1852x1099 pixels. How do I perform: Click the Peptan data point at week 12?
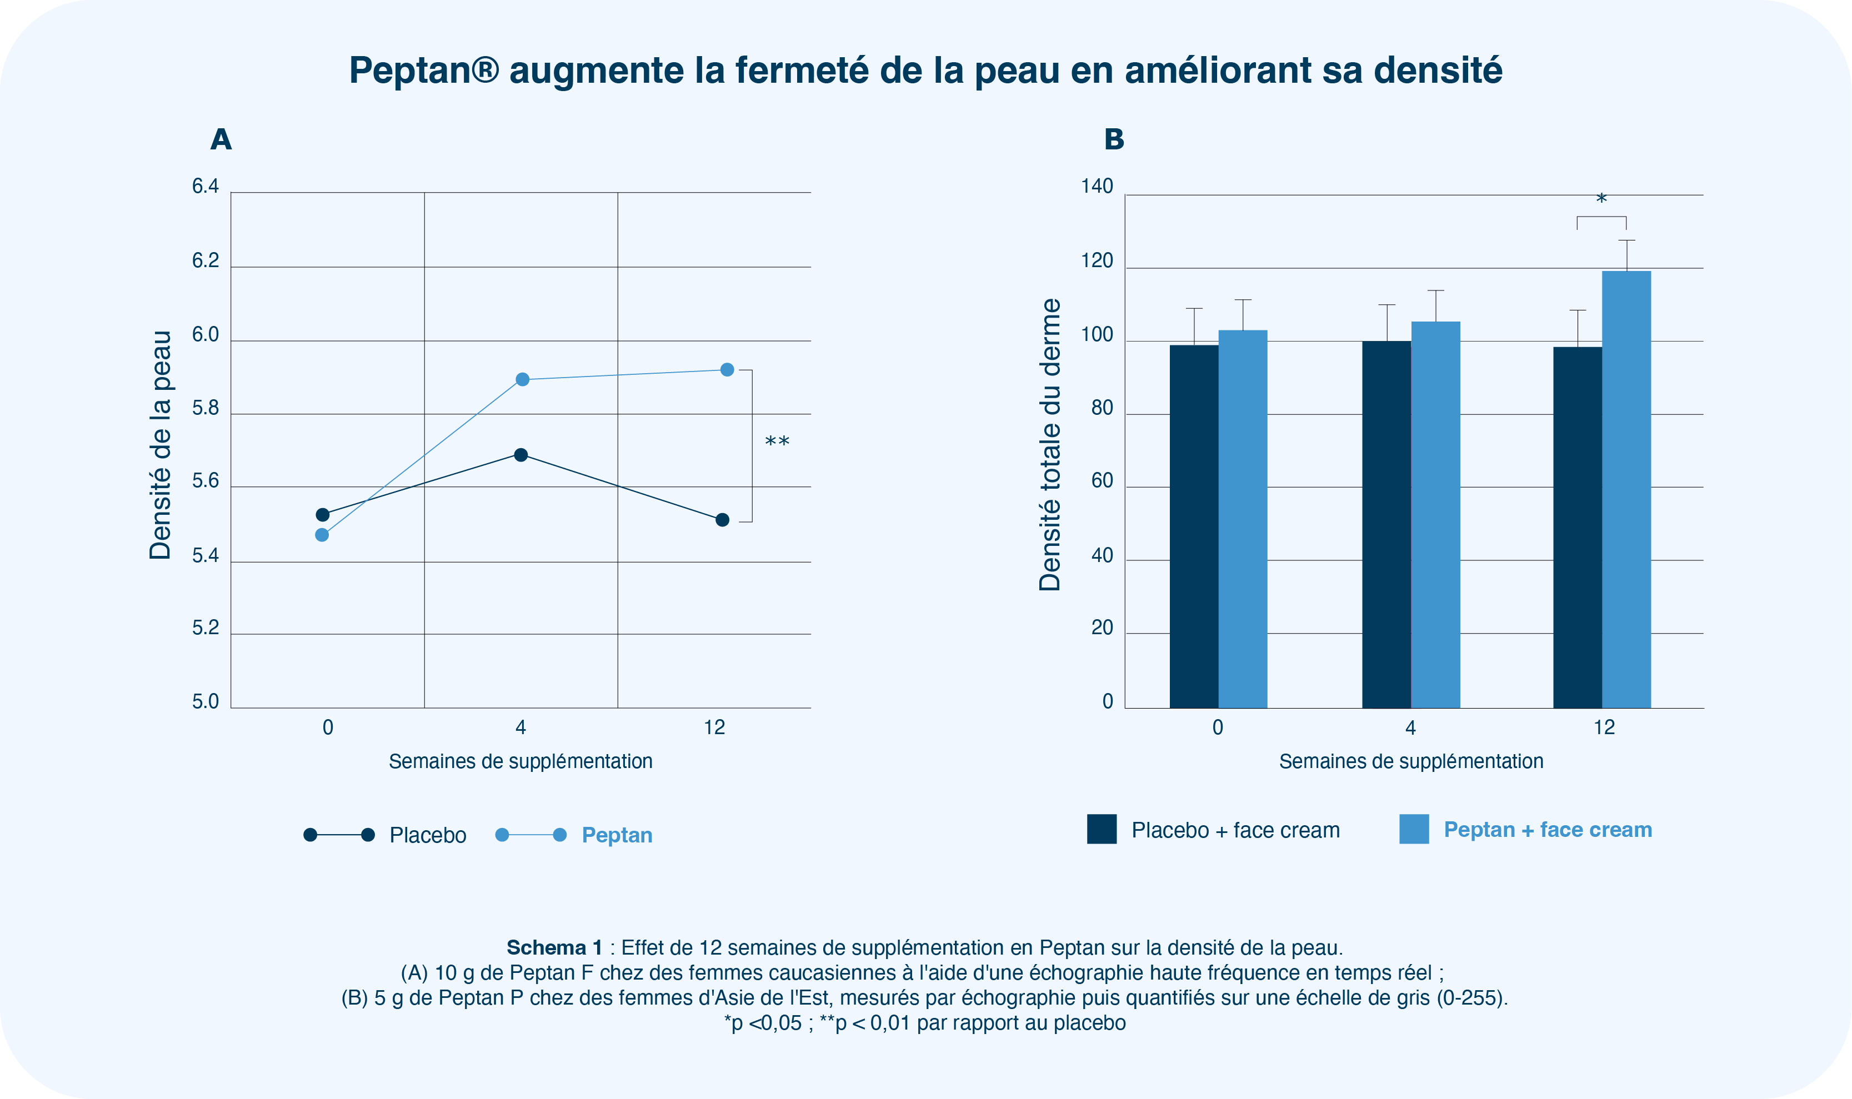tap(727, 369)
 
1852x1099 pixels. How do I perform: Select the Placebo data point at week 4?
tap(521, 455)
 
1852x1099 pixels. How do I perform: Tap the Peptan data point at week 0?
tap(322, 535)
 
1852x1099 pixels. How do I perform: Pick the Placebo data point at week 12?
tap(722, 520)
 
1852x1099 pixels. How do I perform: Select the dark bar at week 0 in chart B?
tap(1193, 526)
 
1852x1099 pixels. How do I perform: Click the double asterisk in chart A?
tap(777, 443)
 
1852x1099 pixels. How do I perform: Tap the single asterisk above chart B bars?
tap(1601, 200)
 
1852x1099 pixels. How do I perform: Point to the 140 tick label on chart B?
tap(1097, 187)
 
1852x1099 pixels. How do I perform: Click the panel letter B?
tap(1113, 139)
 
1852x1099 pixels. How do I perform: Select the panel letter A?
tap(221, 139)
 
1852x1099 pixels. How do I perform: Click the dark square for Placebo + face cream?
tap(1102, 829)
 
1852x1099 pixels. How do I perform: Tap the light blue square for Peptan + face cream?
tap(1414, 829)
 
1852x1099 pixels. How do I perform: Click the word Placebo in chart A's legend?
tap(427, 835)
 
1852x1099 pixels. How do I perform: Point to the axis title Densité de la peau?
tap(160, 444)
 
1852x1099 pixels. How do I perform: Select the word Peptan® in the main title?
tap(424, 71)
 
